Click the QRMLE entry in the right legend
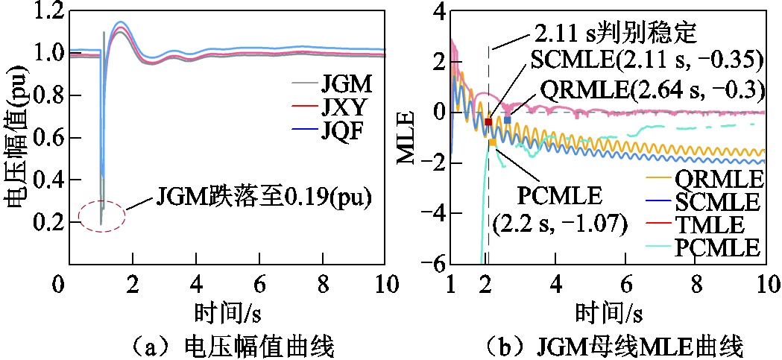(x=719, y=179)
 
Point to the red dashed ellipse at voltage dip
(x=101, y=216)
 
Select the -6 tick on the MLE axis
(x=435, y=265)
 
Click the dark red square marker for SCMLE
(x=488, y=122)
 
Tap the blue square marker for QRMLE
(x=508, y=120)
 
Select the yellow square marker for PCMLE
(x=492, y=142)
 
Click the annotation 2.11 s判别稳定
(x=615, y=33)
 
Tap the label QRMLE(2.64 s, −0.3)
(x=653, y=89)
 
